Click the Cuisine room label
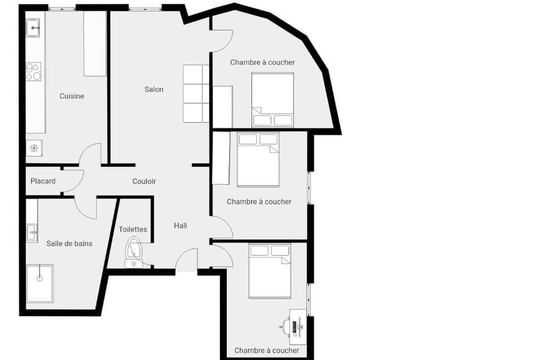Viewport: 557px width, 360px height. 72,96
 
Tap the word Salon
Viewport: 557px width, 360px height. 154,89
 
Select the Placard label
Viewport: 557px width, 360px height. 43,181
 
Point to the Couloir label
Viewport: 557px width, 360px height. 144,181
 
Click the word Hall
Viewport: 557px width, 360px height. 180,226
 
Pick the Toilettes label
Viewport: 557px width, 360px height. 133,230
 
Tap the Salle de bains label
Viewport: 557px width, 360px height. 69,243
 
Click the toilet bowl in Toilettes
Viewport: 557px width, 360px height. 134,249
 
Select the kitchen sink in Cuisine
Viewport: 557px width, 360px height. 33,27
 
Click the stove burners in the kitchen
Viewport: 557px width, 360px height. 34,71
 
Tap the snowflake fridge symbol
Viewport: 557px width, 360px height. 34,148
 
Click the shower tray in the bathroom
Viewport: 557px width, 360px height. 39,283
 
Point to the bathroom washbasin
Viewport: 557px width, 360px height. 32,232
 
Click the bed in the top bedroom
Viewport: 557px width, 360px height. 272,99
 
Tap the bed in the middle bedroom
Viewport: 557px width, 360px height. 258,159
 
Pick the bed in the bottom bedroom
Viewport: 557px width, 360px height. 269,271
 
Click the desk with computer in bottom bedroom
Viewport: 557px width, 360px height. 297,326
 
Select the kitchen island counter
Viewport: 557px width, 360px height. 95,44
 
